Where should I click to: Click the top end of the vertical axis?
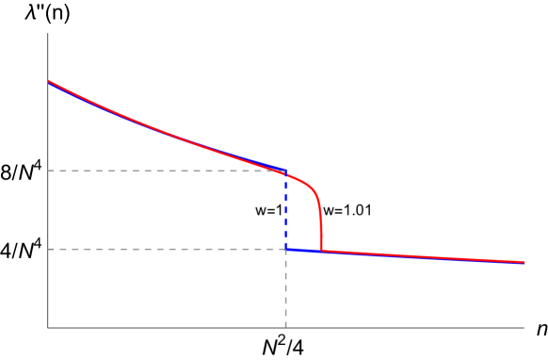click(x=48, y=34)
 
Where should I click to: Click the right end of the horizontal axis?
click(x=524, y=328)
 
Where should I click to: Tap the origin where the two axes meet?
click(x=48, y=328)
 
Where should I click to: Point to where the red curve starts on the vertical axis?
click(x=49, y=82)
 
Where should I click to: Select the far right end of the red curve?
click(x=523, y=262)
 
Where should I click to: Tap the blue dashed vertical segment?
click(x=285, y=209)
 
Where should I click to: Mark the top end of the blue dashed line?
click(x=285, y=171)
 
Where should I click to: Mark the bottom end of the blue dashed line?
click(x=285, y=249)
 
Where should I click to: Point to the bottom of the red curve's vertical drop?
click(x=321, y=251)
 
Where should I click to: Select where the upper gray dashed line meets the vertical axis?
click(x=48, y=171)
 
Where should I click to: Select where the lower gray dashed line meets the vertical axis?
click(x=48, y=249)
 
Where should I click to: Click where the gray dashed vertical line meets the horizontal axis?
click(x=285, y=328)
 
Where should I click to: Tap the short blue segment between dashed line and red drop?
click(x=303, y=250)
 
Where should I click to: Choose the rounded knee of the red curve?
click(x=313, y=188)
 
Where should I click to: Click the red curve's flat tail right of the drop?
click(x=424, y=256)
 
